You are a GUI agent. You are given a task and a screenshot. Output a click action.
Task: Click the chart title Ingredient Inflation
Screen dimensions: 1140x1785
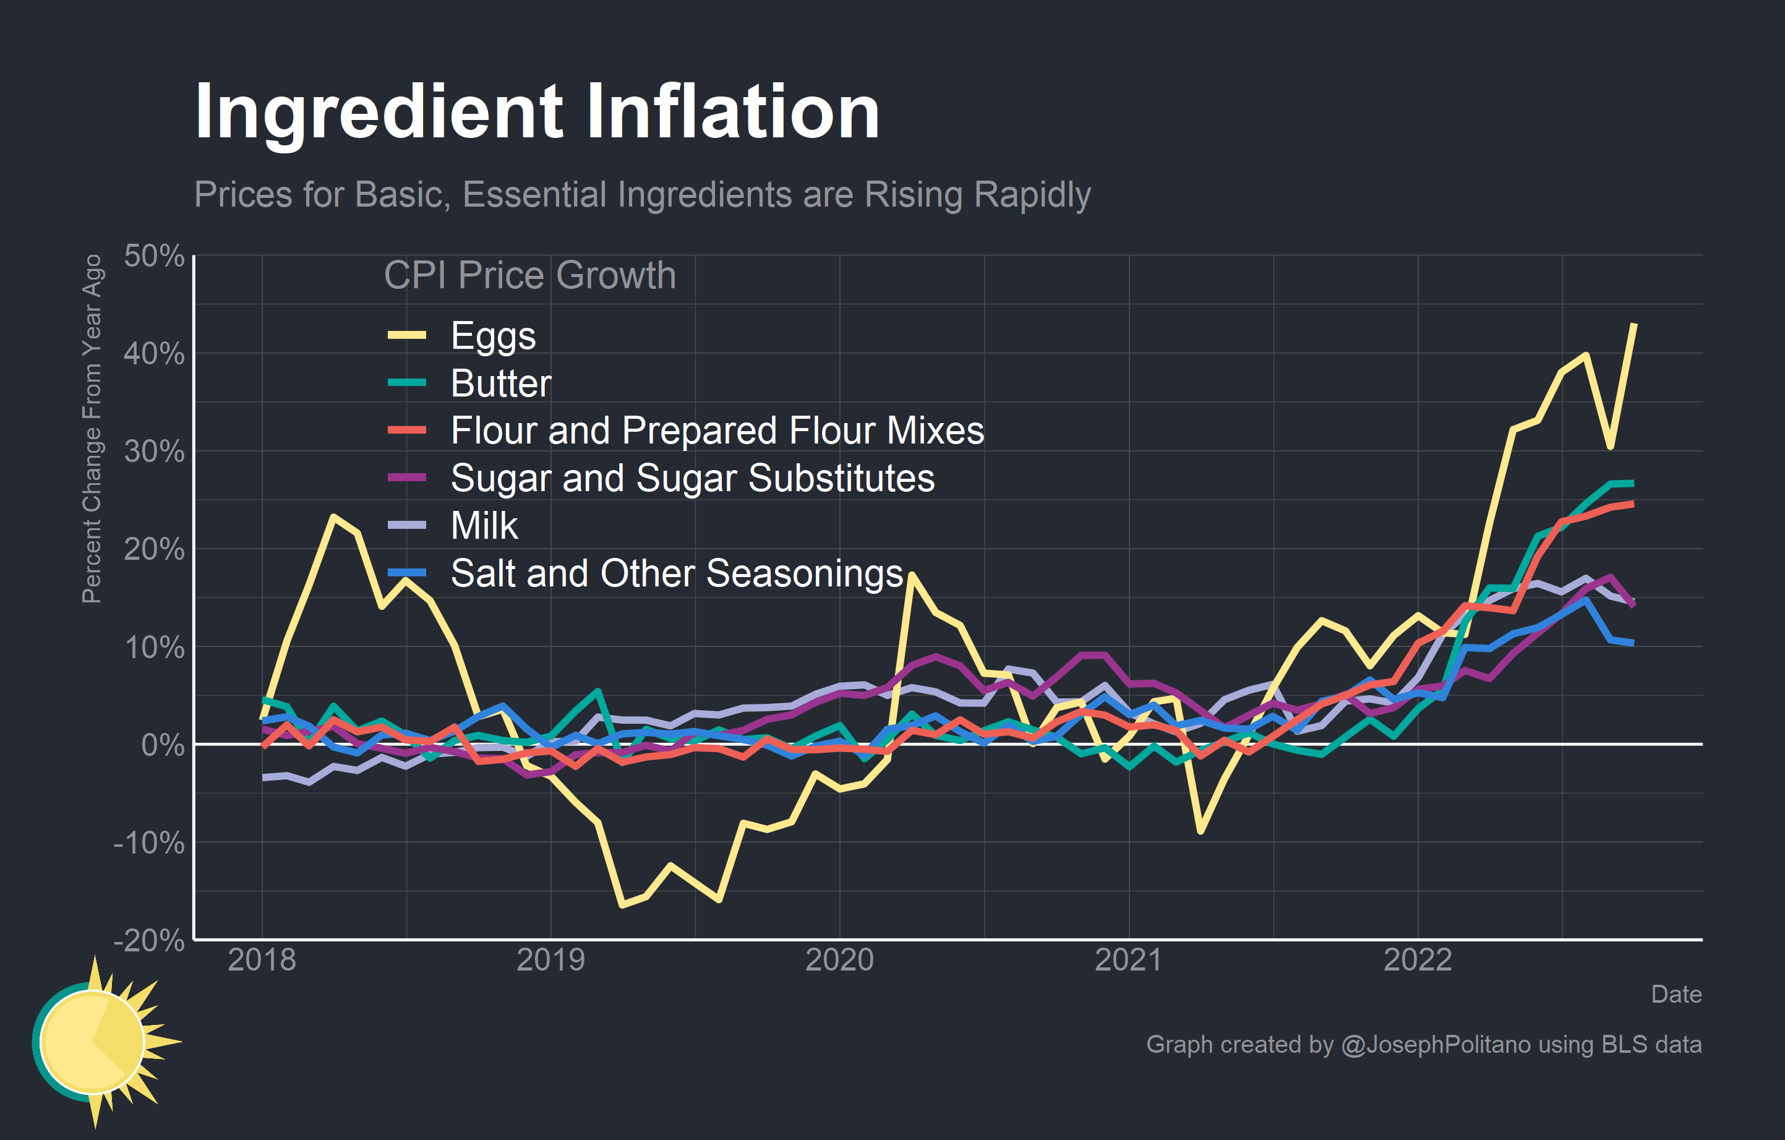click(x=537, y=113)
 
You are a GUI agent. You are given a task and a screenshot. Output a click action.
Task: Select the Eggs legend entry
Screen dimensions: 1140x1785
click(x=492, y=336)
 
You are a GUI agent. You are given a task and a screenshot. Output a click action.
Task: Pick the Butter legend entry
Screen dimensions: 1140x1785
click(x=500, y=384)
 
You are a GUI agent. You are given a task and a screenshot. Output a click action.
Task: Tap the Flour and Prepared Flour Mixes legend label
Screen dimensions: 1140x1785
click(x=717, y=431)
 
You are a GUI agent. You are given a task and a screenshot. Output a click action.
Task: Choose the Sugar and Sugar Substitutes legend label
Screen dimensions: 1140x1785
click(x=692, y=478)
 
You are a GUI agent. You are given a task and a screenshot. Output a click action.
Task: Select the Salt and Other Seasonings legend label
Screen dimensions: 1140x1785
click(x=676, y=573)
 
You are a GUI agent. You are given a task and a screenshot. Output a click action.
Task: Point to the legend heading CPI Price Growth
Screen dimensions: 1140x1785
click(x=529, y=276)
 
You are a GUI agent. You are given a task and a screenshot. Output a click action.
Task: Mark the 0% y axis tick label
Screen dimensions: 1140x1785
click(x=162, y=745)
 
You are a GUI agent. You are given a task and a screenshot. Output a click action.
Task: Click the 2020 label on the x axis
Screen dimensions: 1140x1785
click(x=839, y=960)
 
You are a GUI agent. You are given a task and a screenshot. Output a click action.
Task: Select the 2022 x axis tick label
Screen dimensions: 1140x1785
click(x=1418, y=960)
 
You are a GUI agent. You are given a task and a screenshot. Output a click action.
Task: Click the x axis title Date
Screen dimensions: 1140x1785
click(x=1676, y=994)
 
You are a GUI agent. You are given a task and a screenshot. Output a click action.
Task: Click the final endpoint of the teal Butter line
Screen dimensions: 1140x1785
click(x=1633, y=483)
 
